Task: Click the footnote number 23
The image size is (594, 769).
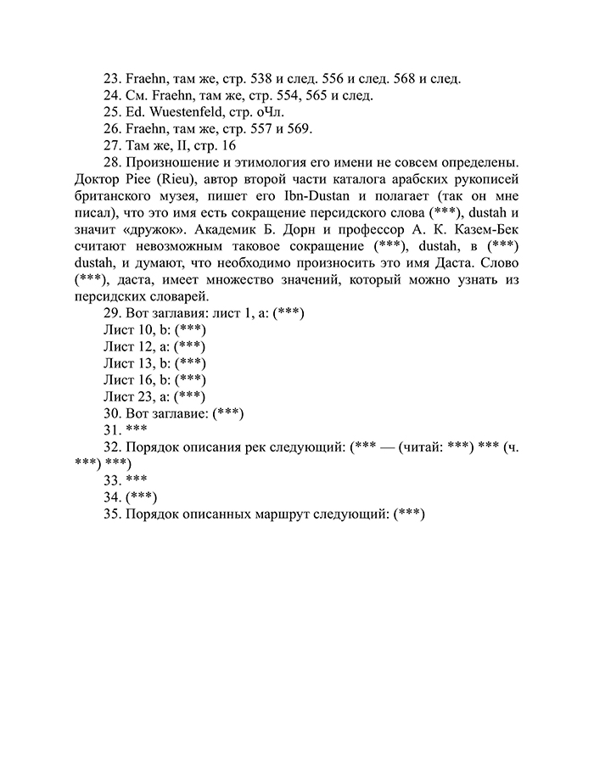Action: coord(111,79)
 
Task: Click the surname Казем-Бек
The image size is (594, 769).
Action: coord(481,228)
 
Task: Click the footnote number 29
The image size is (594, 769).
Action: coord(111,312)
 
